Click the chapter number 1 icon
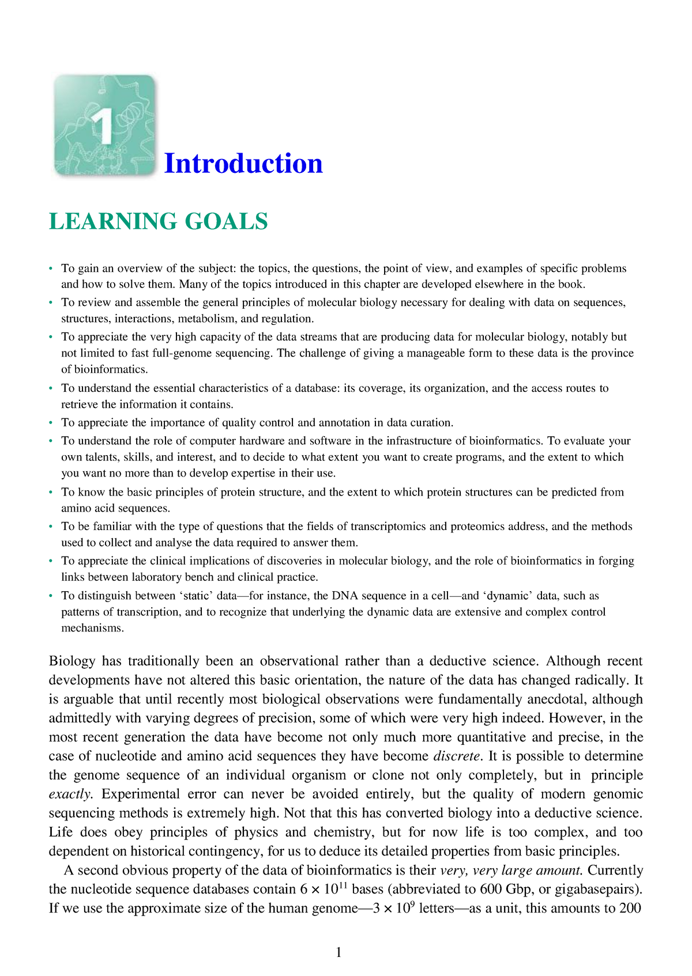pyautogui.click(x=104, y=125)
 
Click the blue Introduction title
pyautogui.click(x=243, y=164)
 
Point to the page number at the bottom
pyautogui.click(x=339, y=952)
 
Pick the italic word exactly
pyautogui.click(x=70, y=794)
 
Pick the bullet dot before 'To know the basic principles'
pyautogui.click(x=51, y=492)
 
